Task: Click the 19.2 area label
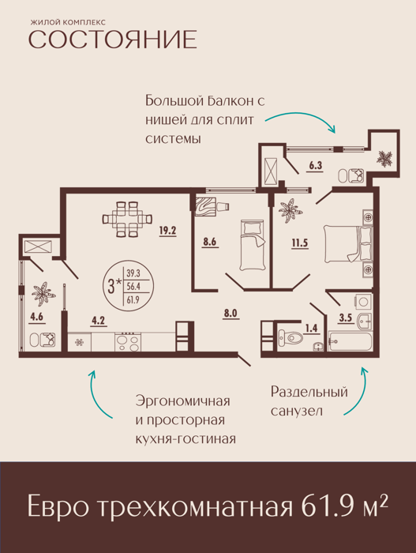click(167, 231)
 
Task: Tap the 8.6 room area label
click(209, 243)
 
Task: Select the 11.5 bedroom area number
click(300, 243)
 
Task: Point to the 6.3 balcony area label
click(316, 165)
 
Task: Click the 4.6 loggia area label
click(36, 317)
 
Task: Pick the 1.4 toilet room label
click(311, 329)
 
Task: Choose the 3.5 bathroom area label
click(346, 318)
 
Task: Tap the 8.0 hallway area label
click(230, 313)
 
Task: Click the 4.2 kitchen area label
click(99, 321)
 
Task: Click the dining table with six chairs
click(127, 219)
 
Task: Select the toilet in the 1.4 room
click(290, 338)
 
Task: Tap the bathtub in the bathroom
click(350, 341)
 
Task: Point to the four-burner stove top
click(128, 342)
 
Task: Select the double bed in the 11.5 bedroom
click(348, 244)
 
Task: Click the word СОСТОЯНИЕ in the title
click(112, 39)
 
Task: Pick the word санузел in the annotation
click(297, 412)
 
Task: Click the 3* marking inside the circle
click(114, 286)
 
